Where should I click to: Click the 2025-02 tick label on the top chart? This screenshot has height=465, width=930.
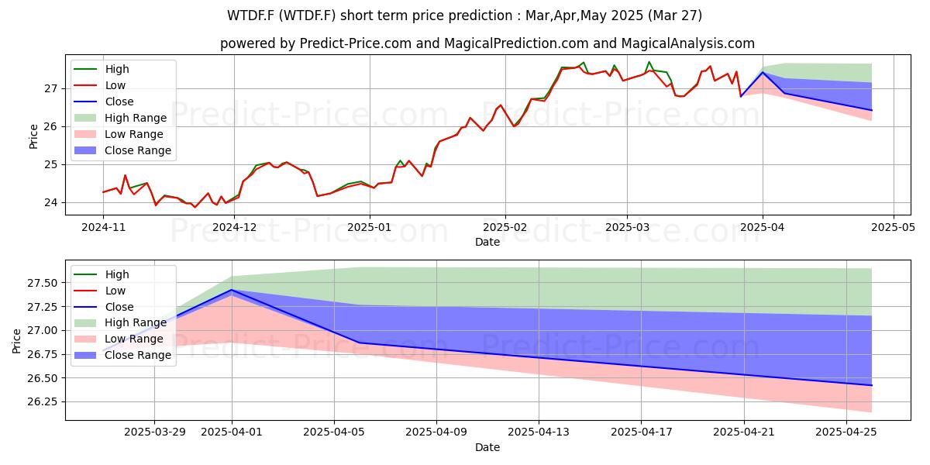coord(505,228)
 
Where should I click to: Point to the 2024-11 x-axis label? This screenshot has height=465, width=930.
coord(103,228)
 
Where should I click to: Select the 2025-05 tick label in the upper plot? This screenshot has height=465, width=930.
coord(893,228)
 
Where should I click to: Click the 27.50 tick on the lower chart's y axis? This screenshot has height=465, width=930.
coord(43,283)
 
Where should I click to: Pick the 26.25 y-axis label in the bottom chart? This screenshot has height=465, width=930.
coord(43,402)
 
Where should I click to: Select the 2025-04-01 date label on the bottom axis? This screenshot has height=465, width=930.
coord(232,432)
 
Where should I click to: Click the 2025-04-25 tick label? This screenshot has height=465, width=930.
coord(846,432)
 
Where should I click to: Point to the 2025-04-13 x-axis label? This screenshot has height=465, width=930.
coord(539,432)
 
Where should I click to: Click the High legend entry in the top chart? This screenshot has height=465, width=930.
coord(117,69)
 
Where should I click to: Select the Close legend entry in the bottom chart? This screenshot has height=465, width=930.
coord(119,307)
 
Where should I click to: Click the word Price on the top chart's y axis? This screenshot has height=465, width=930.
coord(33,136)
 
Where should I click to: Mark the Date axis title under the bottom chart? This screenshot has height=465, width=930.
coord(487,447)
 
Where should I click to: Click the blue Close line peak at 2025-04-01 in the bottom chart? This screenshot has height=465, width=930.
coord(232,290)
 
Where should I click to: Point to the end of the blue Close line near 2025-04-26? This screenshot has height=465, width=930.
coord(871,385)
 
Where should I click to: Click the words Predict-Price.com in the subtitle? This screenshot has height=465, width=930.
coord(356,43)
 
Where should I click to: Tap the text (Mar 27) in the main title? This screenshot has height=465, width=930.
coord(675,15)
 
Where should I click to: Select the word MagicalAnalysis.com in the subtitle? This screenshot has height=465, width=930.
coord(688,43)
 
